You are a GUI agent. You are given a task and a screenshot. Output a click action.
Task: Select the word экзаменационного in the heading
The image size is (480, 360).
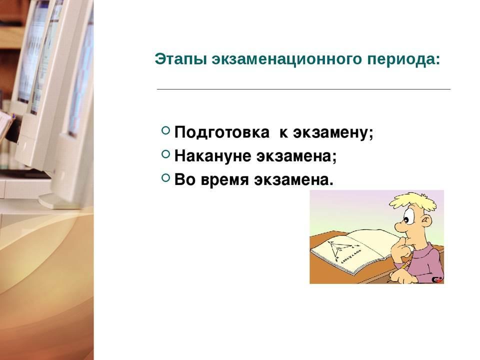(x=286, y=59)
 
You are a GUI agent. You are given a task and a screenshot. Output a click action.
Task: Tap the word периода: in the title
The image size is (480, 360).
(x=403, y=59)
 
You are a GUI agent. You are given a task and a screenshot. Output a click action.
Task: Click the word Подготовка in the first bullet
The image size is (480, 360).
(x=222, y=132)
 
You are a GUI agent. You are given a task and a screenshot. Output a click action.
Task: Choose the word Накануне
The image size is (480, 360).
(x=213, y=156)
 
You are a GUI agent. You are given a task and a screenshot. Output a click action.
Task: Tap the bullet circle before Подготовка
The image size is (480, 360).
(x=165, y=130)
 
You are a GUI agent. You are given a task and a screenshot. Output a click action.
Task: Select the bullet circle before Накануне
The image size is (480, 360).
(x=165, y=154)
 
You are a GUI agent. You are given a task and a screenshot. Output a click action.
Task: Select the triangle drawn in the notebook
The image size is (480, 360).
(x=337, y=248)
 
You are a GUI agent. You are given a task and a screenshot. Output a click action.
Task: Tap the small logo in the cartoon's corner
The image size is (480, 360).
(x=437, y=279)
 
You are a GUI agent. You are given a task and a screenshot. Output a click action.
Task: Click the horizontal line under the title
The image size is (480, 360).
(x=303, y=89)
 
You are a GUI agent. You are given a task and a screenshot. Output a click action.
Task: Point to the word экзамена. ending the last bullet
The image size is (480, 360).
(x=293, y=180)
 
